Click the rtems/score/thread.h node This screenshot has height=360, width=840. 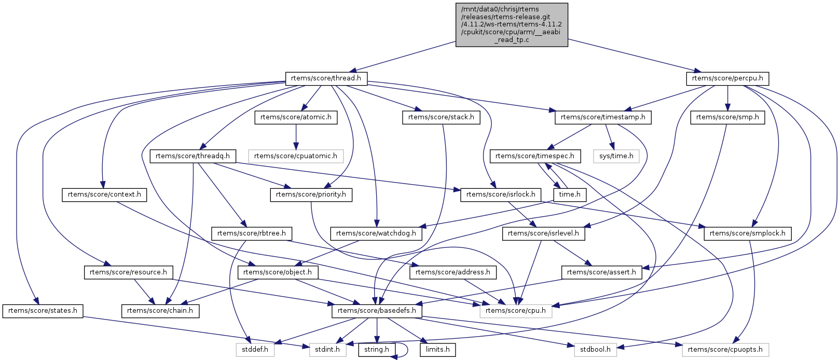[326, 78]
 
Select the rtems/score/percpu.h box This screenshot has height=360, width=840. [727, 78]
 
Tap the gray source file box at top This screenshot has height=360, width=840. [512, 24]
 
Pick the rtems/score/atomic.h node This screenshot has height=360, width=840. [296, 117]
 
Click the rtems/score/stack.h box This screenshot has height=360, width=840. [441, 117]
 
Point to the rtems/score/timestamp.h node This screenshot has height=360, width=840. [603, 117]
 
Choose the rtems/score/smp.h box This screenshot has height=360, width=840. [727, 117]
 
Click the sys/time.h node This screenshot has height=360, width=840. [616, 156]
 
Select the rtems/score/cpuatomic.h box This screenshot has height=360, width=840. [296, 156]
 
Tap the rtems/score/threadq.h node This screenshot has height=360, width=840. [193, 156]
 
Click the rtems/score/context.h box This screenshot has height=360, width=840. [104, 195]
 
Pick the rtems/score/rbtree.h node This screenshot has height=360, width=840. [252, 233]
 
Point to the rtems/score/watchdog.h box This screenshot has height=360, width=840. [376, 233]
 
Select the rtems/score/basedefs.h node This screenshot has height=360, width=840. [377, 311]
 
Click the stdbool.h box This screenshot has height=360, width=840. [595, 349]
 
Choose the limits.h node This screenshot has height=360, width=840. [438, 349]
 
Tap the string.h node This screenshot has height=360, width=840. [377, 349]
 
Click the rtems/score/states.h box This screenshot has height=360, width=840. [43, 311]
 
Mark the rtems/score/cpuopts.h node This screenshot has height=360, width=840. [725, 349]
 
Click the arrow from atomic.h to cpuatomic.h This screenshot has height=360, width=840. [296, 136]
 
